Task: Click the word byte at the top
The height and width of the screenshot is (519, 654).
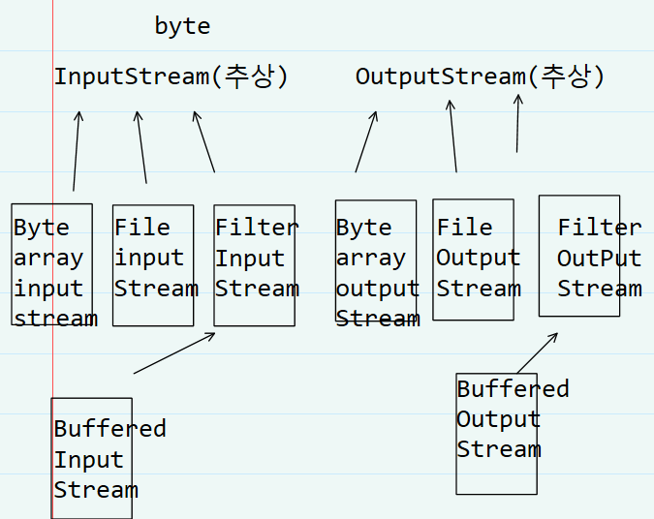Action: [182, 27]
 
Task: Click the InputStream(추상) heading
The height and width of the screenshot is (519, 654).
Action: [171, 76]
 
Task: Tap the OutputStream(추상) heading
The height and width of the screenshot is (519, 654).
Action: [480, 76]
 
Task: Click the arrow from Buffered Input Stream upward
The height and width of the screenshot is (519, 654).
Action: [174, 353]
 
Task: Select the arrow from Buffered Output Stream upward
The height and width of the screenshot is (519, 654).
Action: [537, 353]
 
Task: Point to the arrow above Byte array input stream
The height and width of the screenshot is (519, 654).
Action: [76, 151]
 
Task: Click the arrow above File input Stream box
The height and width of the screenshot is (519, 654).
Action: [141, 147]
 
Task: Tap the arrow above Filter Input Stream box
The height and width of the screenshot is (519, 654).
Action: [204, 141]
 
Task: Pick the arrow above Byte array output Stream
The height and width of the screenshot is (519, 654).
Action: [366, 141]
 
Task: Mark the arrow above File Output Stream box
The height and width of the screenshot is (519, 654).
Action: [453, 136]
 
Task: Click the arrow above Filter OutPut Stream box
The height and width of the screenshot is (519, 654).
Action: [517, 123]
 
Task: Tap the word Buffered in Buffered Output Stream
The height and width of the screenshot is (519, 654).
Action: [513, 389]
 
